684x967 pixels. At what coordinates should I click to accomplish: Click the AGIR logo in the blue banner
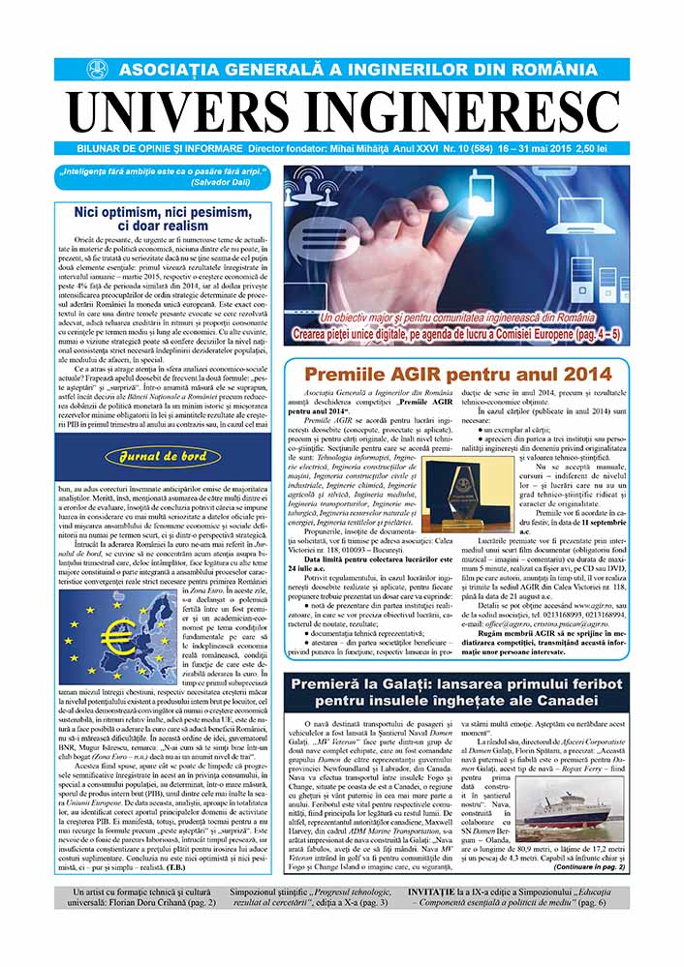pos(96,70)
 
